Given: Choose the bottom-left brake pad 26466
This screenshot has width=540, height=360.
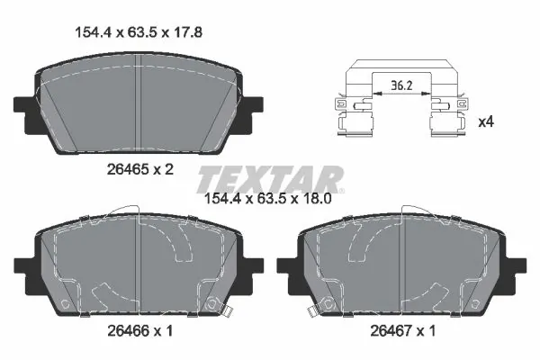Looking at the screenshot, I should (135, 265).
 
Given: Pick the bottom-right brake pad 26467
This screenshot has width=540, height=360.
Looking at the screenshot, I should (401, 265).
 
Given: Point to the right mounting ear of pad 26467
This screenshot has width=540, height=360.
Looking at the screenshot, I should (516, 266).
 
